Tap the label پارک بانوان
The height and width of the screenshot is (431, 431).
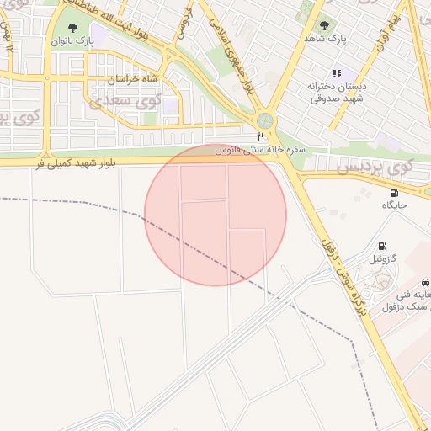(73, 40)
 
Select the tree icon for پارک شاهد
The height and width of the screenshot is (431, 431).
(324, 25)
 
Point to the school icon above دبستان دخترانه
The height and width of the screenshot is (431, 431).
(338, 73)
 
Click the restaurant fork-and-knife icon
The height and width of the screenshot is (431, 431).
(260, 136)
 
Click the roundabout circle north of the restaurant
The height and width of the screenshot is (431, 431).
(266, 120)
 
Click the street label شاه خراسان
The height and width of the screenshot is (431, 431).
(132, 80)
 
